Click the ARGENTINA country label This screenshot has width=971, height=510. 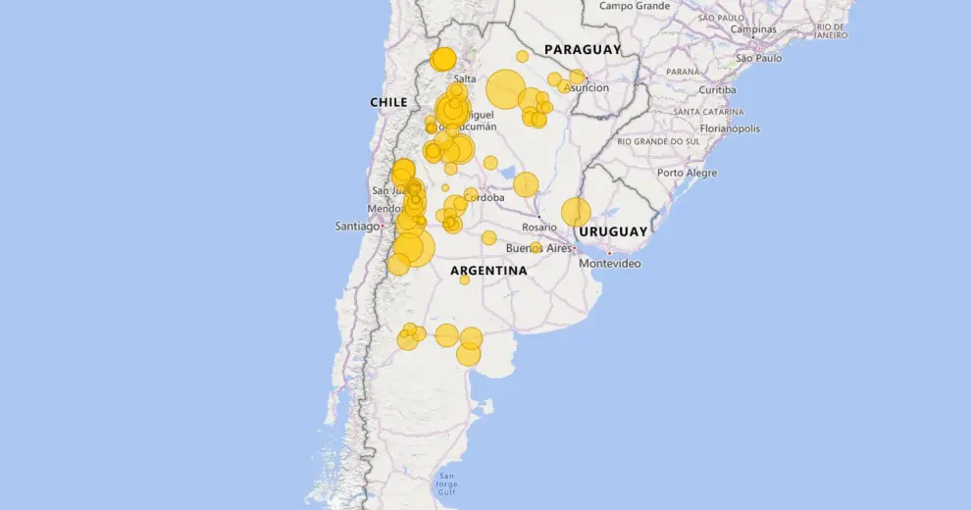[x=488, y=270]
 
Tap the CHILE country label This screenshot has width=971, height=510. [x=388, y=102]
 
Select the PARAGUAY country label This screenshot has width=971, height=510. [x=583, y=49]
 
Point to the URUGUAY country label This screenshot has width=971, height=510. [x=613, y=231]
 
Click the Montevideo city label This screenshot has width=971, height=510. [x=610, y=264]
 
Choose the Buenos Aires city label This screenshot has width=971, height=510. [x=538, y=248]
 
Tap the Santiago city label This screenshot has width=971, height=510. [x=356, y=227]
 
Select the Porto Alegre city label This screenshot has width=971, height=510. [x=687, y=173]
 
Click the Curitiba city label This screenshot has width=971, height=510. [x=717, y=89]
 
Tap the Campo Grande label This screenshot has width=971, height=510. [x=635, y=6]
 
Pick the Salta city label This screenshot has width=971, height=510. [x=465, y=78]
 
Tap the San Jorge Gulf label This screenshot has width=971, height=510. [x=445, y=485]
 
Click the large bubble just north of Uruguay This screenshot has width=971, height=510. [x=576, y=212]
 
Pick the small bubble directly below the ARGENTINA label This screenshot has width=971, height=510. [x=465, y=280]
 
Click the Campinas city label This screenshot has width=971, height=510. [x=753, y=29]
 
